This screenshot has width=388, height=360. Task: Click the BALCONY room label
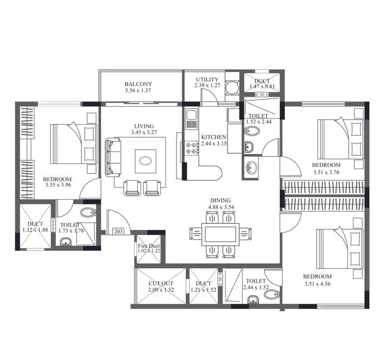tap(138, 84)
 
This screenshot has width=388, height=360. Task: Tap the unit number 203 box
tap(118, 232)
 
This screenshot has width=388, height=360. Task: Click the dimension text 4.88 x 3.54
tap(220, 207)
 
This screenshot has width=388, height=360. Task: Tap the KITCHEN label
tap(213, 137)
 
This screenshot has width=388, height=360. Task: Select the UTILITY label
tap(207, 79)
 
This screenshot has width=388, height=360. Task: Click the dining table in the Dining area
tap(220, 234)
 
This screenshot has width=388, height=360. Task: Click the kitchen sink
tap(191, 117)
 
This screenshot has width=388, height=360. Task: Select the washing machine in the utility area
tap(232, 88)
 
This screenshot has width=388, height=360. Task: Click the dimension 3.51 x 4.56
tap(318, 283)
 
